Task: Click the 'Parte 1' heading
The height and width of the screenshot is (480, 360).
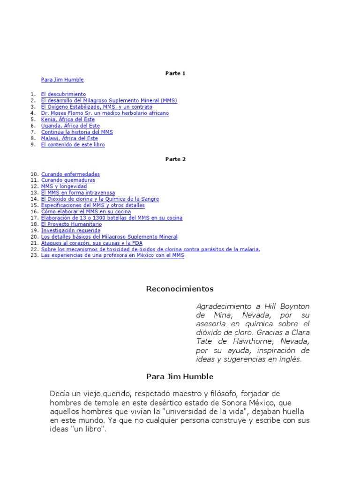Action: (x=175, y=74)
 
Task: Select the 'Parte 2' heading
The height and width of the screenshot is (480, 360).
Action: (x=175, y=159)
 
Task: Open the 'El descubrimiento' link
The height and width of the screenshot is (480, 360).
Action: (x=63, y=94)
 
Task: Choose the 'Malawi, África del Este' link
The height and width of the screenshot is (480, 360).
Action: (x=69, y=139)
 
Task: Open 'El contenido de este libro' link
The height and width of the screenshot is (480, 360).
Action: (x=73, y=145)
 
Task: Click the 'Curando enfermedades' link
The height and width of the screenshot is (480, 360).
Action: (x=70, y=174)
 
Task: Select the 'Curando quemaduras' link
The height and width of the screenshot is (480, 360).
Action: (x=68, y=180)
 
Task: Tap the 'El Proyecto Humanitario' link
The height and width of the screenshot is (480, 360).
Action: (x=71, y=225)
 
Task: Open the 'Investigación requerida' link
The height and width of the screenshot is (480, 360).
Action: (x=71, y=231)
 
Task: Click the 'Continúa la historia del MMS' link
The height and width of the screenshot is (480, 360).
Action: (x=77, y=132)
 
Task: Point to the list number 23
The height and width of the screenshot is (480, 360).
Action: (x=34, y=256)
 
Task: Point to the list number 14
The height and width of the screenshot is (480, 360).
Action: (x=34, y=199)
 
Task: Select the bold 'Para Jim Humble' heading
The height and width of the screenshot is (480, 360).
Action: (x=180, y=376)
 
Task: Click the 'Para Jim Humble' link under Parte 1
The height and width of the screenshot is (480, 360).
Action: (x=62, y=80)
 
